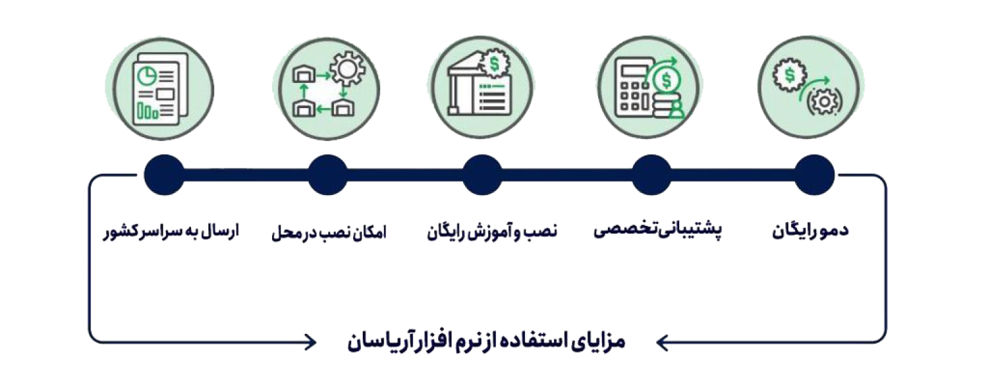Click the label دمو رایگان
tap(810, 231)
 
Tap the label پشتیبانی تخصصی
tap(657, 230)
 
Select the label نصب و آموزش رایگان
tap(492, 231)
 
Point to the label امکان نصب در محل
tap(329, 232)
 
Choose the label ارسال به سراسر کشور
tap(171, 231)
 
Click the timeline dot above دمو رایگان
tap(814, 175)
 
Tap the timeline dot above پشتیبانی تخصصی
tap(651, 175)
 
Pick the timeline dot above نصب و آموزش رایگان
tap(482, 175)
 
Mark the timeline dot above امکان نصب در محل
tap(327, 175)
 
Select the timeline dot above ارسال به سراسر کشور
tap(164, 175)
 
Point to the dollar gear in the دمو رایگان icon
tap(790, 75)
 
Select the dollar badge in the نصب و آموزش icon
tap(495, 63)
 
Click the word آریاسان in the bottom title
tap(377, 343)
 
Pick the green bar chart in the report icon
tap(148, 111)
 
